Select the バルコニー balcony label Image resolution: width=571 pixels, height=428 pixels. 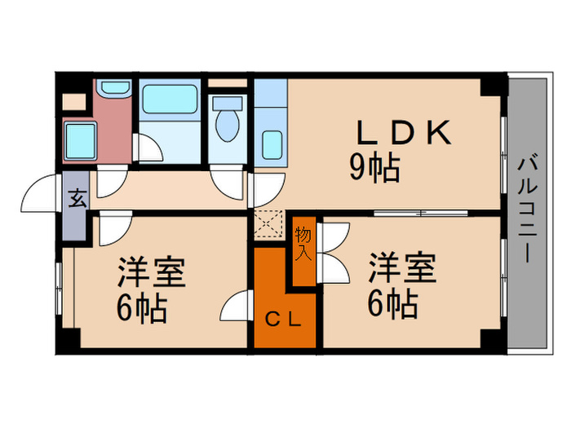(x=526, y=208)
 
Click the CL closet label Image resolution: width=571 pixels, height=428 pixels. (x=283, y=319)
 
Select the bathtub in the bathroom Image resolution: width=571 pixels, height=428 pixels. (x=170, y=99)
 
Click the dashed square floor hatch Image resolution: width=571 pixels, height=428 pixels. (x=266, y=223)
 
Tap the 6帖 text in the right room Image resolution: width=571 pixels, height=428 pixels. (x=391, y=305)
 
